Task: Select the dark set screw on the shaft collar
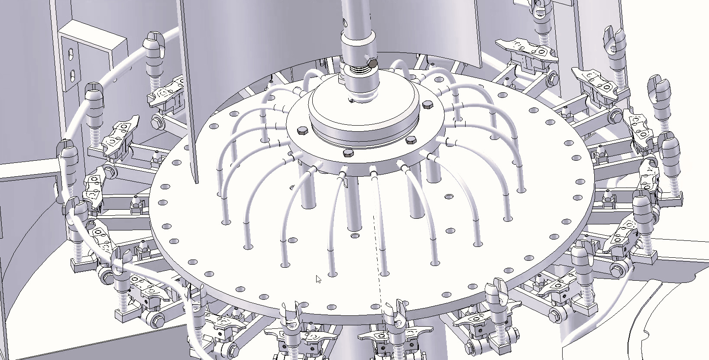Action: [x=371, y=64]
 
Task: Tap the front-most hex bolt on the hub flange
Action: [x=348, y=153]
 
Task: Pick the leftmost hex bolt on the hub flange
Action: [x=302, y=130]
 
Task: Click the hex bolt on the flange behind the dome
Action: [x=427, y=105]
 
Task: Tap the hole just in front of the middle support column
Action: [x=356, y=236]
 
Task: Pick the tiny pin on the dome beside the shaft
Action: [x=352, y=101]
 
